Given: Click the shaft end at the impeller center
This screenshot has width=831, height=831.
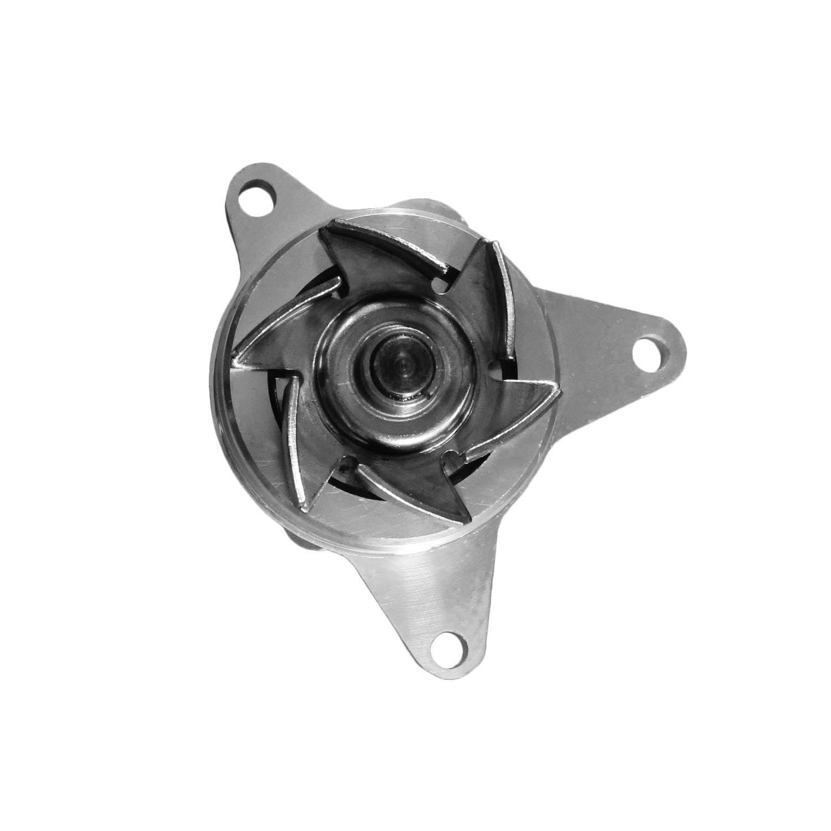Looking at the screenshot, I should (x=402, y=363).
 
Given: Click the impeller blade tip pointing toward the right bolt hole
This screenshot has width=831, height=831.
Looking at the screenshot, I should (x=557, y=391).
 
